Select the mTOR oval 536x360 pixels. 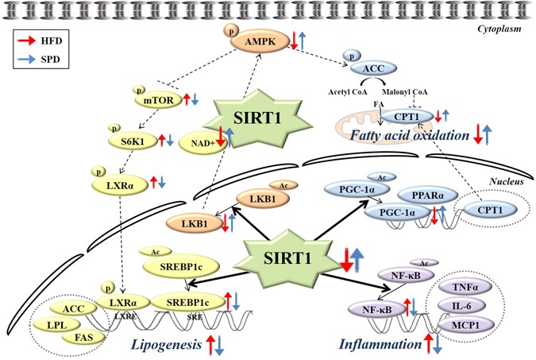tap(159, 99)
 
